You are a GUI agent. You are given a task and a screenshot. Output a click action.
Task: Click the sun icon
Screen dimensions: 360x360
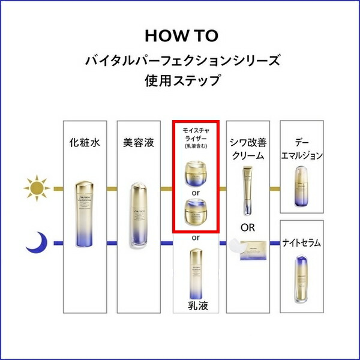(38, 188)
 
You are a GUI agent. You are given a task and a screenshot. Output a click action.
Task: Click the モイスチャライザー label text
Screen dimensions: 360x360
(196, 137)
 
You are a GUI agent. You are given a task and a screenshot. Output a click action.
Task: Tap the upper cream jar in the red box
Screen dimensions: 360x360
(196, 174)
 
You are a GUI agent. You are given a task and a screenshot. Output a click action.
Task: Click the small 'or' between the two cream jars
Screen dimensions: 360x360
(196, 193)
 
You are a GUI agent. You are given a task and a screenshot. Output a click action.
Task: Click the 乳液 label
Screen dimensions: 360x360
(196, 307)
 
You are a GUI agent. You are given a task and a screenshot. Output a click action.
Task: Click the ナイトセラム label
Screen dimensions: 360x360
(302, 243)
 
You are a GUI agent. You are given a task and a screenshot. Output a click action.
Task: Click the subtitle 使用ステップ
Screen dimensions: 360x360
(180, 79)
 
